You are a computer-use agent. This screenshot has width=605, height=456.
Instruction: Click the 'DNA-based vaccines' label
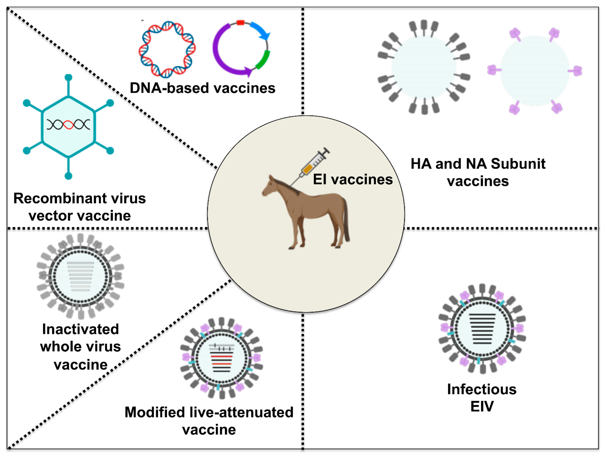tap(202, 88)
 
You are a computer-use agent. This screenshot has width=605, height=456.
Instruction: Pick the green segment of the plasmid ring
tap(263, 60)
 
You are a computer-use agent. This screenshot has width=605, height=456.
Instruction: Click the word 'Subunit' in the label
tap(518, 164)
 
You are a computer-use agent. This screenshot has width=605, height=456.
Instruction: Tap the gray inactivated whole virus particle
tap(80, 276)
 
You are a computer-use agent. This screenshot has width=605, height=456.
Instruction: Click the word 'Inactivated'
tap(80, 329)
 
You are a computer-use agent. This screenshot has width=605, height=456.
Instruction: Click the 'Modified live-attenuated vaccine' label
tap(209, 421)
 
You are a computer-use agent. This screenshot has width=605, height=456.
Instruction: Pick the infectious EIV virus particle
tap(482, 328)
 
